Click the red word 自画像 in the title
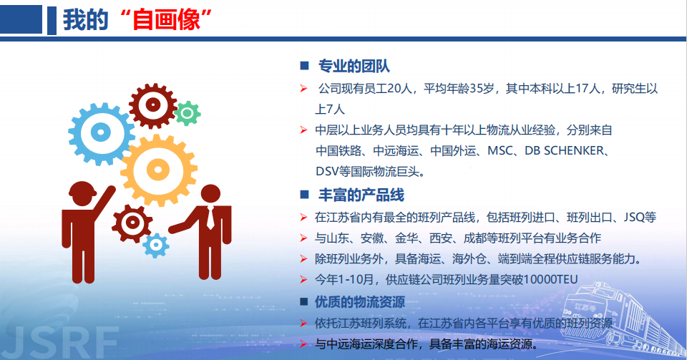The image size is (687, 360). (x=167, y=20)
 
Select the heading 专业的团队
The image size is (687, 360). (x=354, y=66)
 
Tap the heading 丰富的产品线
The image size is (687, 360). (x=361, y=195)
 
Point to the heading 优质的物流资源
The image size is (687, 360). (x=360, y=302)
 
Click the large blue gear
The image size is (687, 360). (x=101, y=133)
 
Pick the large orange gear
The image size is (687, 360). (x=159, y=170)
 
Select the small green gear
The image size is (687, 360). (x=187, y=113)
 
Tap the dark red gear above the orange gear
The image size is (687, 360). (x=153, y=105)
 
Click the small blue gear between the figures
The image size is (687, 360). (x=156, y=245)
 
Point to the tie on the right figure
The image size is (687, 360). (x=210, y=218)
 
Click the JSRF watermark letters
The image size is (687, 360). (x=59, y=343)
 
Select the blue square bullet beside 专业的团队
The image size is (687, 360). (x=305, y=66)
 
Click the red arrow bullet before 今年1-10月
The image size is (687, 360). (x=303, y=279)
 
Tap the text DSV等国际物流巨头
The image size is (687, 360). (x=371, y=171)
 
